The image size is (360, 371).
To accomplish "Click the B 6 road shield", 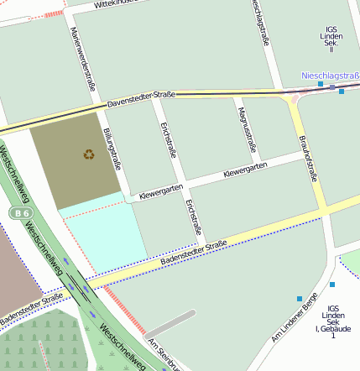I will [x=19, y=213].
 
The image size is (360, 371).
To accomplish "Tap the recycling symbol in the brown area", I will [x=89, y=154].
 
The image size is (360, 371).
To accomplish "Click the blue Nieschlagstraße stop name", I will [x=330, y=76].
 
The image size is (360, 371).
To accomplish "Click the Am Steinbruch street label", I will [x=164, y=356].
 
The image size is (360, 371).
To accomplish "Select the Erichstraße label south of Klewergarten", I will [x=194, y=217].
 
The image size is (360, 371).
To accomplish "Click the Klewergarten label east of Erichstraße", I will [x=245, y=170].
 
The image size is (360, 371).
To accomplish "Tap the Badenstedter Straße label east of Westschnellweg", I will [x=193, y=254].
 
